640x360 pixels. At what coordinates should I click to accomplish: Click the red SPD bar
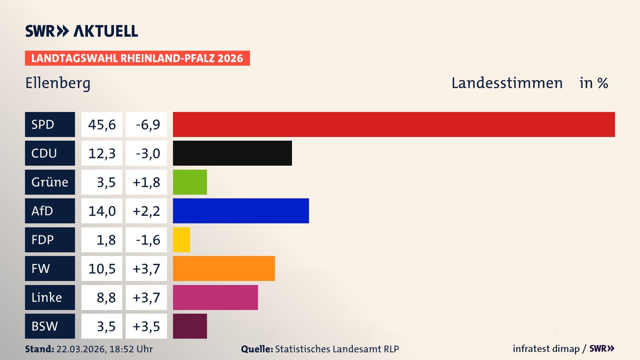coord(393,124)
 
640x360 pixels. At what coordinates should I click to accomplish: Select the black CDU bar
coord(232,153)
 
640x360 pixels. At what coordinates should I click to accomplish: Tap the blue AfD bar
coord(241,211)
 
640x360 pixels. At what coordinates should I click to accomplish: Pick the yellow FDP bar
coord(181,240)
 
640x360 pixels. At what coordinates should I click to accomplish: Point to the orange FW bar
coord(224,268)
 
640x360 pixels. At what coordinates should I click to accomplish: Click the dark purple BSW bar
coord(190,326)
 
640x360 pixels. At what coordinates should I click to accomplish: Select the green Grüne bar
coord(190,182)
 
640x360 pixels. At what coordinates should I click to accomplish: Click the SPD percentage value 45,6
coord(102,125)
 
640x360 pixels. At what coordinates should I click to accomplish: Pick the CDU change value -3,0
coord(148,153)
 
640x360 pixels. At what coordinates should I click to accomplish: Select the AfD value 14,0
coord(102,211)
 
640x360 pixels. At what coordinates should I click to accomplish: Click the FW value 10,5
coord(102,269)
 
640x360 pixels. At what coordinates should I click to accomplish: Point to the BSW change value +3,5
coord(146,326)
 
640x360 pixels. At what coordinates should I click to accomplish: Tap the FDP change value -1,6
coord(148,240)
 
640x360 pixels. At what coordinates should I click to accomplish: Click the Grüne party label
coord(50,182)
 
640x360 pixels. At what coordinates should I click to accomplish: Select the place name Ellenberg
coord(58,83)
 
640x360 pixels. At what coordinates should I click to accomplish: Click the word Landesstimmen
coord(507,83)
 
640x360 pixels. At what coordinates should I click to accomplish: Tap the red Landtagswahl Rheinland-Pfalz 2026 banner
coord(137,58)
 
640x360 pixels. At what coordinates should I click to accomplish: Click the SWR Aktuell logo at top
coord(81,31)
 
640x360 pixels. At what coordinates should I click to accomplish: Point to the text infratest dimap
coord(546,349)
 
